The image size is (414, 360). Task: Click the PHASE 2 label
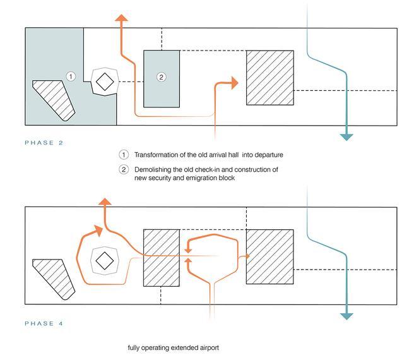pyautogui.click(x=44, y=143)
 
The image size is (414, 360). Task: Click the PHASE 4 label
pyautogui.click(x=44, y=323)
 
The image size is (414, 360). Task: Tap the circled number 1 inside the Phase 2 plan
pyautogui.click(x=71, y=76)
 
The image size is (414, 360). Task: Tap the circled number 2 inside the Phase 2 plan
pyautogui.click(x=161, y=77)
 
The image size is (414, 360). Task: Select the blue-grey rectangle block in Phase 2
pyautogui.click(x=161, y=78)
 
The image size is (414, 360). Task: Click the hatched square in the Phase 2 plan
pyautogui.click(x=270, y=77)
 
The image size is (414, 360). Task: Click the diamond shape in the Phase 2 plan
pyautogui.click(x=105, y=81)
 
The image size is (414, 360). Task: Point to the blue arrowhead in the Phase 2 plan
pyautogui.click(x=346, y=136)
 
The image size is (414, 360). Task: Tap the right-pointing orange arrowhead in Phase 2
pyautogui.click(x=234, y=83)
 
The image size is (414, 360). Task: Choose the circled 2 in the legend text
pyautogui.click(x=124, y=170)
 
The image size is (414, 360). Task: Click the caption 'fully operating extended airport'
pyautogui.click(x=172, y=347)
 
